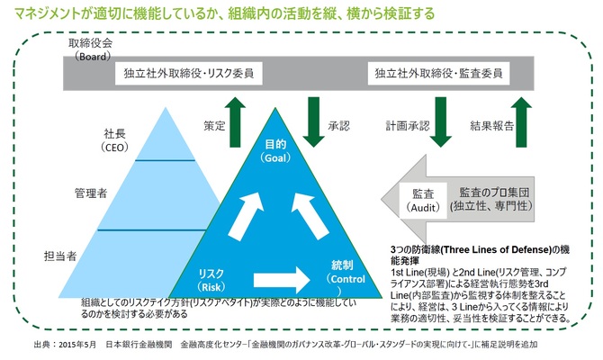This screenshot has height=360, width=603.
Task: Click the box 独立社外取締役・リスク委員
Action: (x=188, y=73)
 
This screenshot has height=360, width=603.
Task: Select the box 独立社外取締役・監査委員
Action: (x=438, y=73)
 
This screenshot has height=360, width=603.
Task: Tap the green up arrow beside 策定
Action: (x=235, y=121)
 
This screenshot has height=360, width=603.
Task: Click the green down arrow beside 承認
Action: (x=314, y=121)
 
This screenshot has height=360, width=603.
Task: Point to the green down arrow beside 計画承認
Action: (x=441, y=121)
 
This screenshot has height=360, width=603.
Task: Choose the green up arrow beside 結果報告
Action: (x=521, y=121)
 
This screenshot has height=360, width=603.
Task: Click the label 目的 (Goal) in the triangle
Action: (x=275, y=151)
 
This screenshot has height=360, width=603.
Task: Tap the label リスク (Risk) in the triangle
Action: (x=211, y=280)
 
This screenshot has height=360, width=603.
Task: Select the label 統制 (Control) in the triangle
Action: (x=345, y=278)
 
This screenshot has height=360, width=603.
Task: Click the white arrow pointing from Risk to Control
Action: (x=282, y=280)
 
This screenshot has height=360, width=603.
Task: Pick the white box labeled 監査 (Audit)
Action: (x=423, y=201)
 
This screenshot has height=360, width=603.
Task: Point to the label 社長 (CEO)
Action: (x=114, y=140)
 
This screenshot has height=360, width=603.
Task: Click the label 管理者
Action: (x=91, y=193)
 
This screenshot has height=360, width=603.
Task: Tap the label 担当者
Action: (x=60, y=256)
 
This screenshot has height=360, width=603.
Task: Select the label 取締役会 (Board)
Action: (x=91, y=49)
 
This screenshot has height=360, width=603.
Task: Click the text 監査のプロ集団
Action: (x=494, y=193)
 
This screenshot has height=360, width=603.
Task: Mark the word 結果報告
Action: (x=492, y=126)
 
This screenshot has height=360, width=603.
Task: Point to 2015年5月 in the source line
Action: (x=77, y=344)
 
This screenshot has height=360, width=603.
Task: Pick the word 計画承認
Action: (x=408, y=126)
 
